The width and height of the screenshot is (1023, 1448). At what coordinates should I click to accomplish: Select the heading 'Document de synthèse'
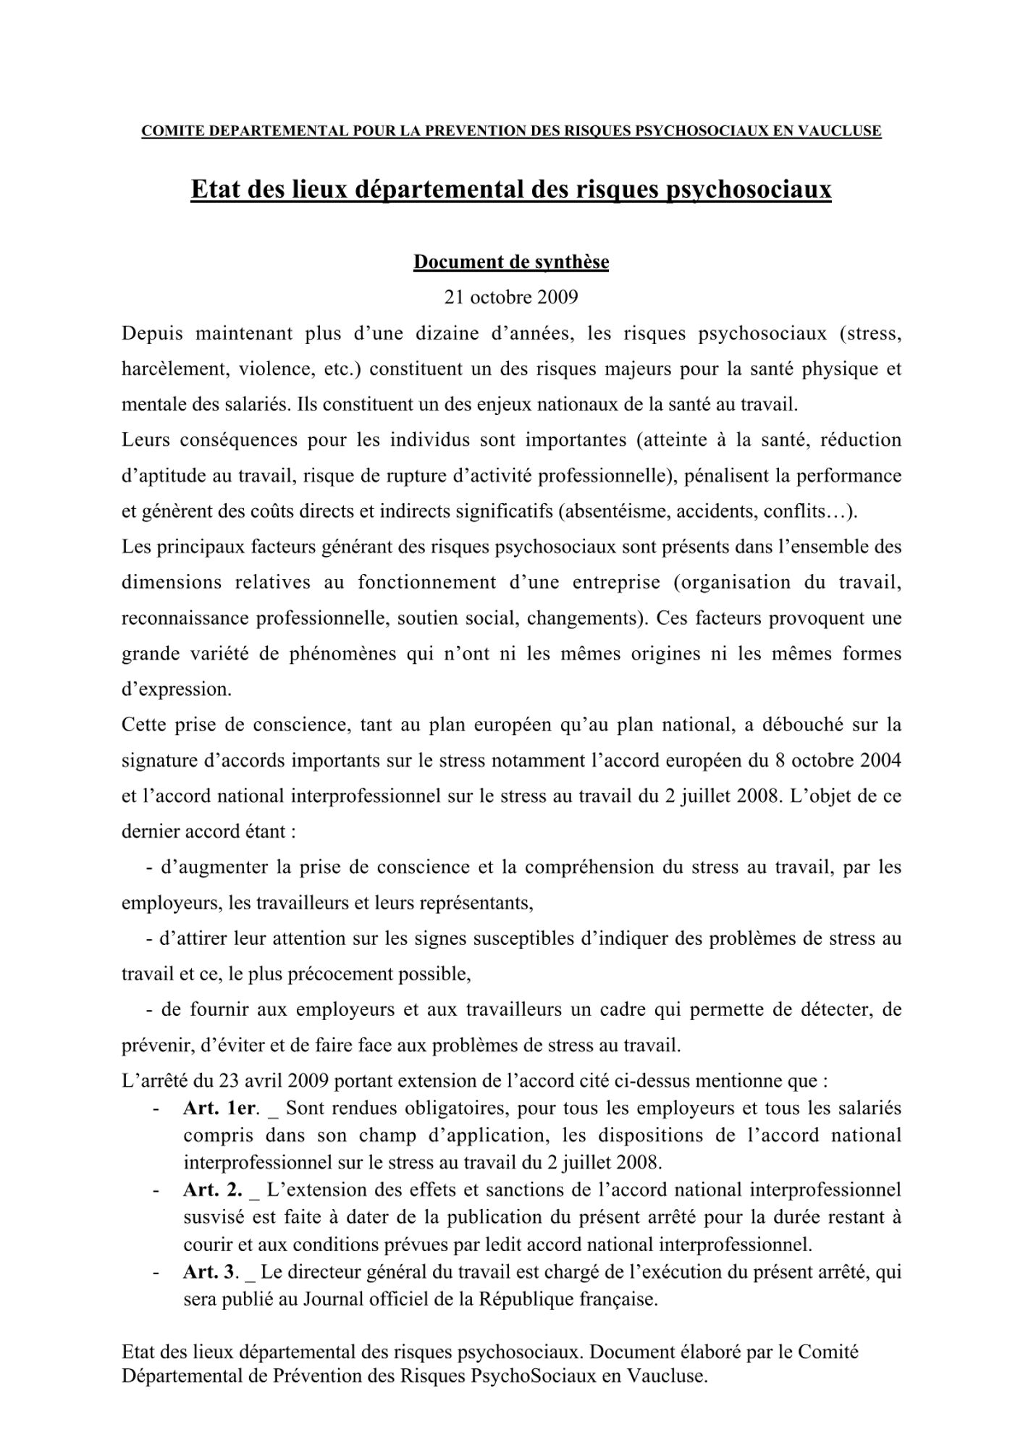tap(510, 262)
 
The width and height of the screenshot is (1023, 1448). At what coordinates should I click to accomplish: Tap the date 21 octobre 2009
tap(510, 298)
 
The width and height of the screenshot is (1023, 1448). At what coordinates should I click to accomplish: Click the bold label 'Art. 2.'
tap(212, 1190)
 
